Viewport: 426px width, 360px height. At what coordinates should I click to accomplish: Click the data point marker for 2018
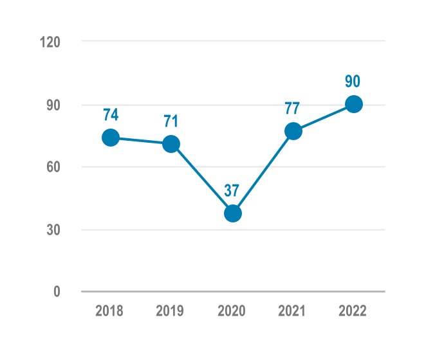pyautogui.click(x=110, y=138)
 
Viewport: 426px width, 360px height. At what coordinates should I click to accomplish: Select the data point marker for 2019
pyautogui.click(x=171, y=144)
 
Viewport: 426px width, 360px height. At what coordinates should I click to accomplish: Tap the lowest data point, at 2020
pyautogui.click(x=232, y=213)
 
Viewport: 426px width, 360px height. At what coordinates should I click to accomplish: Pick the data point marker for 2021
pyautogui.click(x=293, y=131)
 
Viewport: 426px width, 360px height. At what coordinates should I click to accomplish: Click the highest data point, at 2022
pyautogui.click(x=354, y=104)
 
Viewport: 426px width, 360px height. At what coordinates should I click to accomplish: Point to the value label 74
pyautogui.click(x=110, y=115)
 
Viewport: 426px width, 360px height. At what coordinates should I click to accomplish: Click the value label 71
pyautogui.click(x=171, y=121)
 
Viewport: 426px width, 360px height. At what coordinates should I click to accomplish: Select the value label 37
pyautogui.click(x=232, y=190)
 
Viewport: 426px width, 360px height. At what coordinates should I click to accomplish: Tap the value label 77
pyautogui.click(x=293, y=108)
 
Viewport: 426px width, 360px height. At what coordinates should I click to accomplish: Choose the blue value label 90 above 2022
pyautogui.click(x=353, y=82)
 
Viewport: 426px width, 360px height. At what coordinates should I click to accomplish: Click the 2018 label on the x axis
pyautogui.click(x=109, y=311)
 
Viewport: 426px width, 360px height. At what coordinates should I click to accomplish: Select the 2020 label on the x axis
pyautogui.click(x=231, y=311)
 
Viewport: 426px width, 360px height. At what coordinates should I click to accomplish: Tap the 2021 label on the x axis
pyautogui.click(x=292, y=311)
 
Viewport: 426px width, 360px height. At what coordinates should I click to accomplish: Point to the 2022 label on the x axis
pyautogui.click(x=353, y=311)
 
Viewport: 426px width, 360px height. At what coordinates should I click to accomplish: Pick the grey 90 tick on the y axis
pyautogui.click(x=53, y=105)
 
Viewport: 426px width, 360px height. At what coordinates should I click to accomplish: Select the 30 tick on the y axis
pyautogui.click(x=53, y=230)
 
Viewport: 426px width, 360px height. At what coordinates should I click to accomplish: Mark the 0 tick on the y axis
pyautogui.click(x=57, y=292)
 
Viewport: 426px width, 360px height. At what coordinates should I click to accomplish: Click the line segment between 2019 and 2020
pyautogui.click(x=202, y=179)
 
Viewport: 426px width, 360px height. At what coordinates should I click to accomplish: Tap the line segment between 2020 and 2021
pyautogui.click(x=263, y=172)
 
